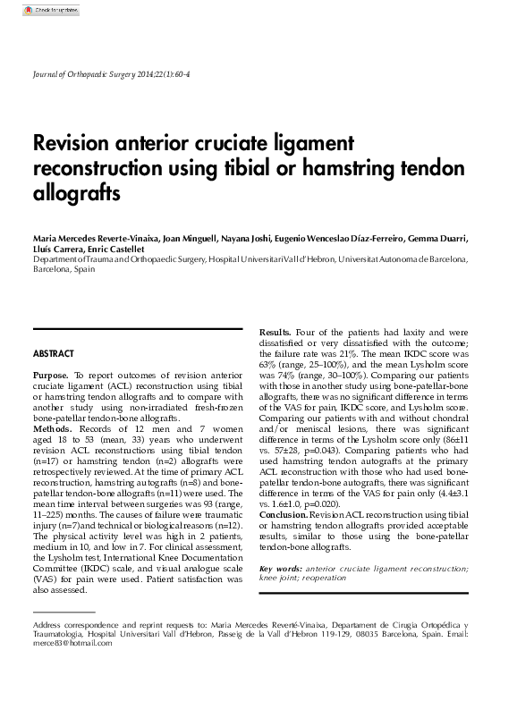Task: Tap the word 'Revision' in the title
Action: point(77,144)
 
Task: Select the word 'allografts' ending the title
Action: point(76,192)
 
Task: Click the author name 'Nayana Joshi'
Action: point(254,239)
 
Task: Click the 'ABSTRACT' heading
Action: point(54,354)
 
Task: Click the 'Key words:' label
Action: point(279,570)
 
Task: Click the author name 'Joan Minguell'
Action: point(192,239)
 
